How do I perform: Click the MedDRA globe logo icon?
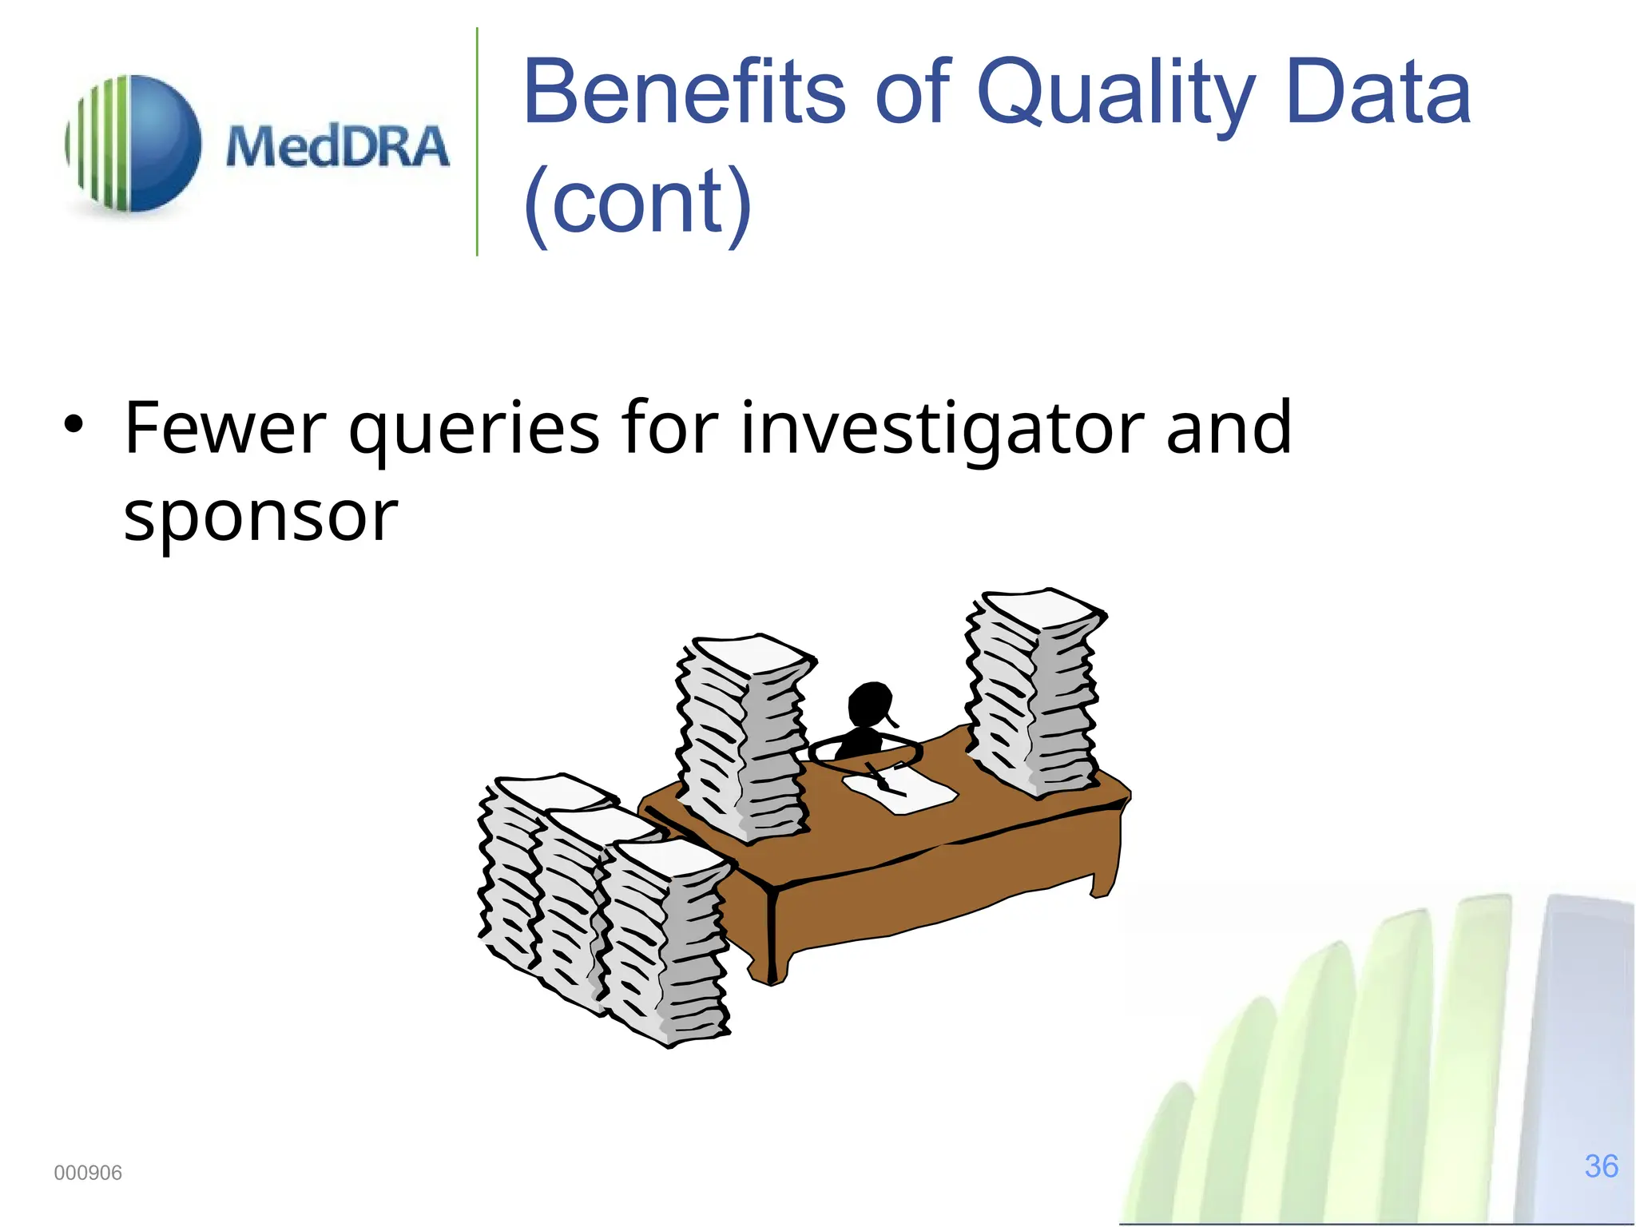click(134, 144)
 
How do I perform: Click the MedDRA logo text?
click(337, 147)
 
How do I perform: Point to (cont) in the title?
click(637, 203)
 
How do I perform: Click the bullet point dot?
click(73, 424)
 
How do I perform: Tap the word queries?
click(474, 431)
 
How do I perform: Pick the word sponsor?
click(260, 516)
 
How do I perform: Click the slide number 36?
click(1601, 1166)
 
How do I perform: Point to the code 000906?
click(88, 1173)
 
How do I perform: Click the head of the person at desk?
click(869, 703)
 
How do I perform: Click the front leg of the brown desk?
click(772, 935)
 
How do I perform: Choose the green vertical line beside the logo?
click(477, 142)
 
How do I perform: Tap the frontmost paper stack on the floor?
click(667, 943)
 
